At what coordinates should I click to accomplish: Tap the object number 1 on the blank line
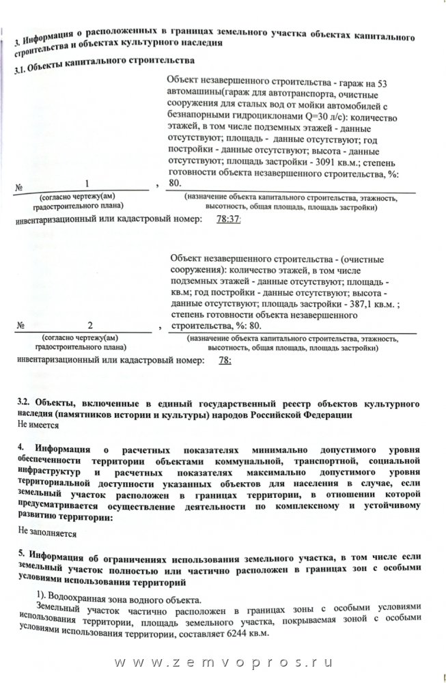[87, 183]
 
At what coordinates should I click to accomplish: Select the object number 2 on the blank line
[89, 324]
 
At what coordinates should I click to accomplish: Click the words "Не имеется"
[39, 424]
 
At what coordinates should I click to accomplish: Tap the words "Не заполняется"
[47, 531]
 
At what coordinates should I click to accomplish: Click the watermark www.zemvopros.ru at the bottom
[223, 664]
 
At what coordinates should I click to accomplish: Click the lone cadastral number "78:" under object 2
[224, 361]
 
